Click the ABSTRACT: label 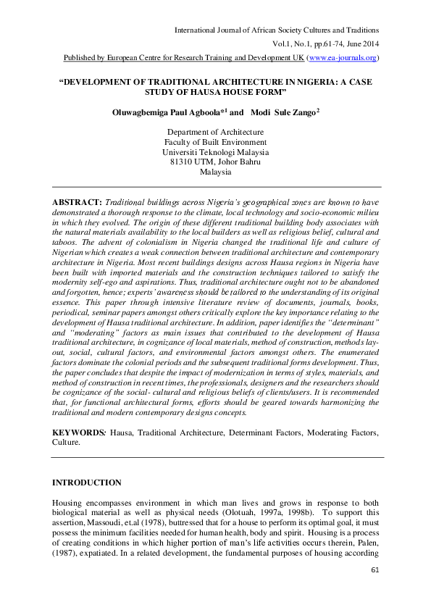[x=78, y=199]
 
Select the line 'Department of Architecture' [x=215, y=133]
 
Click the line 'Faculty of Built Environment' [x=215, y=143]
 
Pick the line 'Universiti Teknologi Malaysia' [x=215, y=153]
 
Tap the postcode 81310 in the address [x=182, y=163]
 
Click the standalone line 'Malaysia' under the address [x=215, y=173]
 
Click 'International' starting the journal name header [x=198, y=30]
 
